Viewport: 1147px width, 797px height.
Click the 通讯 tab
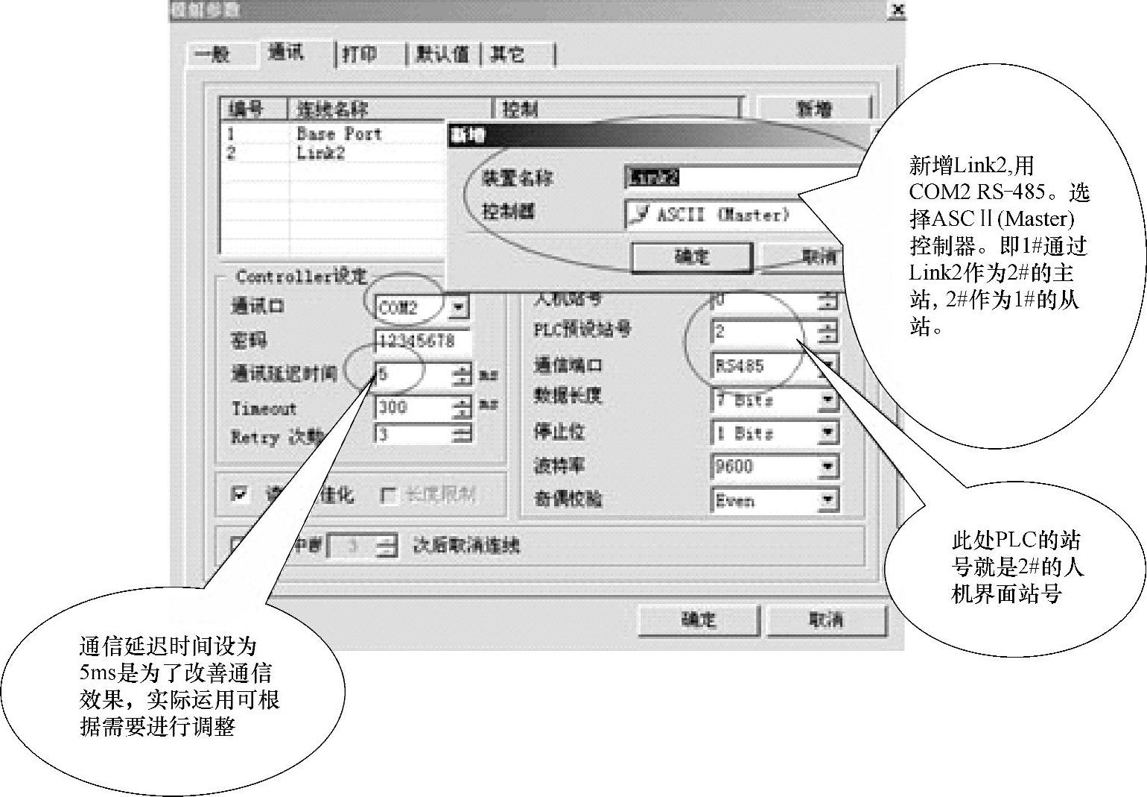[x=286, y=53]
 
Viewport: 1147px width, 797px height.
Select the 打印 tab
[x=360, y=54]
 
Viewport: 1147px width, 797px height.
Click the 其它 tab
[x=508, y=54]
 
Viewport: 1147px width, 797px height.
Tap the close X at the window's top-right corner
[x=898, y=10]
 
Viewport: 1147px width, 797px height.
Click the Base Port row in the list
[x=338, y=134]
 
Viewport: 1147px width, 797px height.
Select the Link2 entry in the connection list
[x=320, y=153]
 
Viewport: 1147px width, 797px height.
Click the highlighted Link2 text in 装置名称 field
[x=652, y=177]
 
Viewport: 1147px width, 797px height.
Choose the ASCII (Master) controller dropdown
[x=715, y=215]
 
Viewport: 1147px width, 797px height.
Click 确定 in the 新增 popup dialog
[x=691, y=257]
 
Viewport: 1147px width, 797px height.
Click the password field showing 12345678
[x=422, y=341]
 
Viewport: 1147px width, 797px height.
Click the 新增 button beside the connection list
[x=813, y=109]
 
